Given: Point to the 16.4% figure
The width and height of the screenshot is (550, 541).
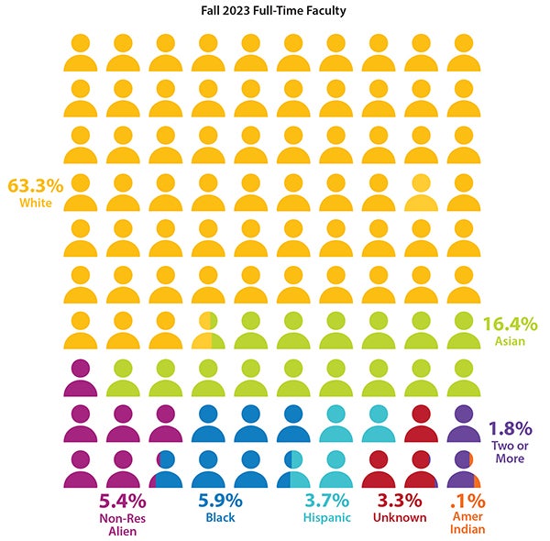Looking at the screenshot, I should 510,323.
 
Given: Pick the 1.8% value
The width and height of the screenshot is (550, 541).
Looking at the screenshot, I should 512,428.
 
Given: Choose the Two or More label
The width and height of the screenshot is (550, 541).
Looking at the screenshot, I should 511,451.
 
